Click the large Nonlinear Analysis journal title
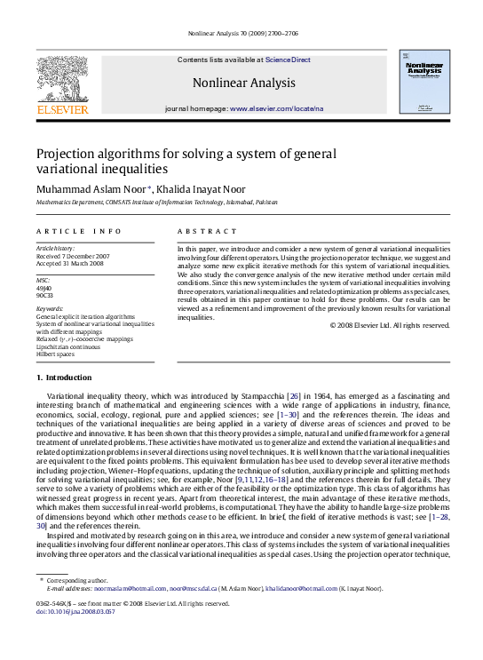(243, 83)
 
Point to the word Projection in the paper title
(67, 153)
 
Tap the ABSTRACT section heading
(202, 231)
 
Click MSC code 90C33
(44, 294)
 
